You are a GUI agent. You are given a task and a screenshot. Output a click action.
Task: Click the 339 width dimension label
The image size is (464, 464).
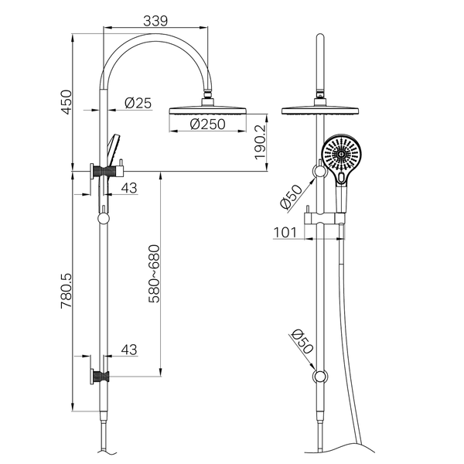coord(155,21)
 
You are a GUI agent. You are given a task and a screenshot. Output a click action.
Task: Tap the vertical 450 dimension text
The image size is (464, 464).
coord(67,102)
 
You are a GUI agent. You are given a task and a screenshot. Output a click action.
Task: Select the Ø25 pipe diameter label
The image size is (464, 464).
coord(138,103)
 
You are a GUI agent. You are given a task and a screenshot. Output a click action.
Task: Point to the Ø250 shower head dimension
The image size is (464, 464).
coord(207,125)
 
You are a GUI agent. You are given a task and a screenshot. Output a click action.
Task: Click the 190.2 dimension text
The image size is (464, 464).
coord(261,142)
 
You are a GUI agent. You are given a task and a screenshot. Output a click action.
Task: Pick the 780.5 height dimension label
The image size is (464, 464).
coord(67,292)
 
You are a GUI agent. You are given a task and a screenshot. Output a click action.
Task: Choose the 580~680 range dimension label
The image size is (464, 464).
coord(154,274)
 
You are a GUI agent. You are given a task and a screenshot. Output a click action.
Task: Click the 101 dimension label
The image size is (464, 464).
coord(285,232)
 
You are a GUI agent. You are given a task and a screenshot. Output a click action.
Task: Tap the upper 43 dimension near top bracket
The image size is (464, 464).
coord(129,188)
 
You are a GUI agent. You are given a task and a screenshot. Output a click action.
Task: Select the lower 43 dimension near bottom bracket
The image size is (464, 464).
coord(129,350)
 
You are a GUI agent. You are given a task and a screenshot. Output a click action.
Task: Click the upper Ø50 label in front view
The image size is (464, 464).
coord(292,196)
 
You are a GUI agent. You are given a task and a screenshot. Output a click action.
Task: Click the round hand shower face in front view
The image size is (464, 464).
coord(341,155)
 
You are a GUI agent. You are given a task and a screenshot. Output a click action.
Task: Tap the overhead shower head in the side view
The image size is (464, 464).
coord(207,111)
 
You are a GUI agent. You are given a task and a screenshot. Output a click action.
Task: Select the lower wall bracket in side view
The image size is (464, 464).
coord(100,377)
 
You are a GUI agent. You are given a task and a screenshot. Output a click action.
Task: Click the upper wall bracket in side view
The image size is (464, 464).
coord(107,171)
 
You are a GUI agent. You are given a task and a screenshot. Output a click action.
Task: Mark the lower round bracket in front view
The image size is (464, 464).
coord(320,377)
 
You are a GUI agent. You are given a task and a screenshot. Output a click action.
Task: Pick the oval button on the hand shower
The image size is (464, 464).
coord(341,178)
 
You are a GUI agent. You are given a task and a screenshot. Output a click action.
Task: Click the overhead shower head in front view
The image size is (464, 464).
coord(320,111)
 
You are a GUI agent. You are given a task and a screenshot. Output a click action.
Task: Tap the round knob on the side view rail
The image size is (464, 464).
coord(104,219)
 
